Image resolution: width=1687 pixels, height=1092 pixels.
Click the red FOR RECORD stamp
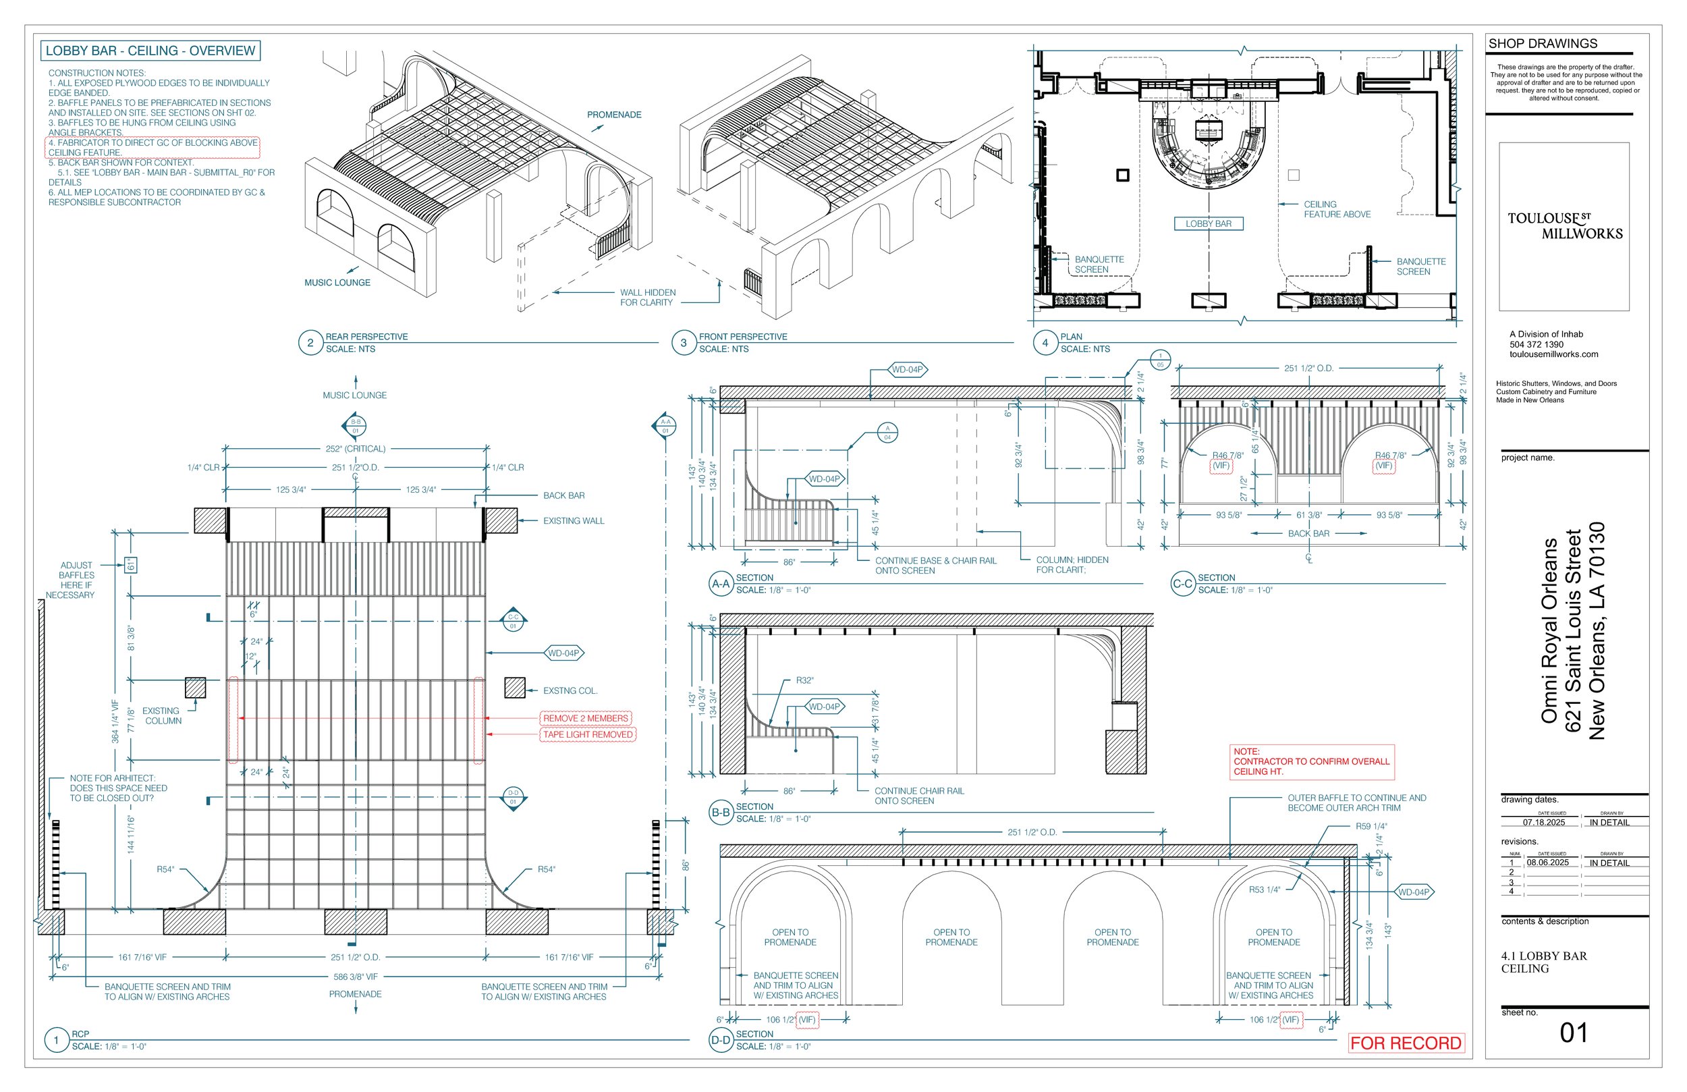1405,1043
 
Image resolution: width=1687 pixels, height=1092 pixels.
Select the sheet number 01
1573,1033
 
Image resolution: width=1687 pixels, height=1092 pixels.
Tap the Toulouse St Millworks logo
1564,225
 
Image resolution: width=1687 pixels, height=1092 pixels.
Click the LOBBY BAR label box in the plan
1209,223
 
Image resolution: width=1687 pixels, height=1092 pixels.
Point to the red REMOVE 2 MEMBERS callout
586,718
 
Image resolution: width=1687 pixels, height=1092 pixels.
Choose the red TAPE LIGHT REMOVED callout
588,734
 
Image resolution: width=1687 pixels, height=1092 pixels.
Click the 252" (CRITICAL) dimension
355,449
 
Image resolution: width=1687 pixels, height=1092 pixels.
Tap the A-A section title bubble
721,584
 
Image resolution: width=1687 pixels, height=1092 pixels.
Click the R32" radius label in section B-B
804,680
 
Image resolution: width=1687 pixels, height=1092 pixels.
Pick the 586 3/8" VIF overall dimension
355,977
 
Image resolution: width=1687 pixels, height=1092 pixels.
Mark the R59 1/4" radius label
1371,826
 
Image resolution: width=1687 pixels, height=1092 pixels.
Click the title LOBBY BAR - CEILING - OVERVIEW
150,51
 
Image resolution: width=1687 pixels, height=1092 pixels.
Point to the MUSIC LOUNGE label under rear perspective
337,282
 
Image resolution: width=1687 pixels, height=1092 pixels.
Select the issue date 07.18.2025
1544,823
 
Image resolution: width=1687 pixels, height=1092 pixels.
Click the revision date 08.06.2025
1547,863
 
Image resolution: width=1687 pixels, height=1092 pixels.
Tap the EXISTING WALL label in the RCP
574,520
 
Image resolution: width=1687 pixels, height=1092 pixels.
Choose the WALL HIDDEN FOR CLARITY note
647,297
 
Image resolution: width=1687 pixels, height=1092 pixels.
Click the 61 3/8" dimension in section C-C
1308,515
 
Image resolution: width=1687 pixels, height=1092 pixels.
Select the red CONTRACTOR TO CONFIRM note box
1311,761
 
